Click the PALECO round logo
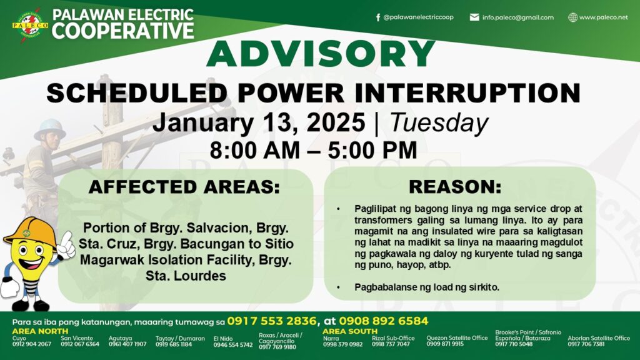coord(30,25)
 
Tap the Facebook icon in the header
coord(378,17)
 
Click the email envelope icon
coord(474,17)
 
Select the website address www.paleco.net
coord(603,17)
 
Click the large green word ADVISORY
coord(321,54)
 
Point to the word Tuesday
coord(439,122)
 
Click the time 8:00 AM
coord(255,150)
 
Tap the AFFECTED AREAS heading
coord(184,187)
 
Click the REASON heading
coord(455,186)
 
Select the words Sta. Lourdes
coord(186,276)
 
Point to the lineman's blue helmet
coord(50,129)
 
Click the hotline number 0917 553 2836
coord(272,321)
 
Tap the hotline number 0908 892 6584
coord(383,321)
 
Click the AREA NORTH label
coord(40,331)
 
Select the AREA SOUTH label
coord(350,331)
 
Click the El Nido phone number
coord(233,345)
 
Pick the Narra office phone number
coord(343,344)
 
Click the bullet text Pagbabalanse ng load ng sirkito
coord(427,287)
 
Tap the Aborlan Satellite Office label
coord(599,338)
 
